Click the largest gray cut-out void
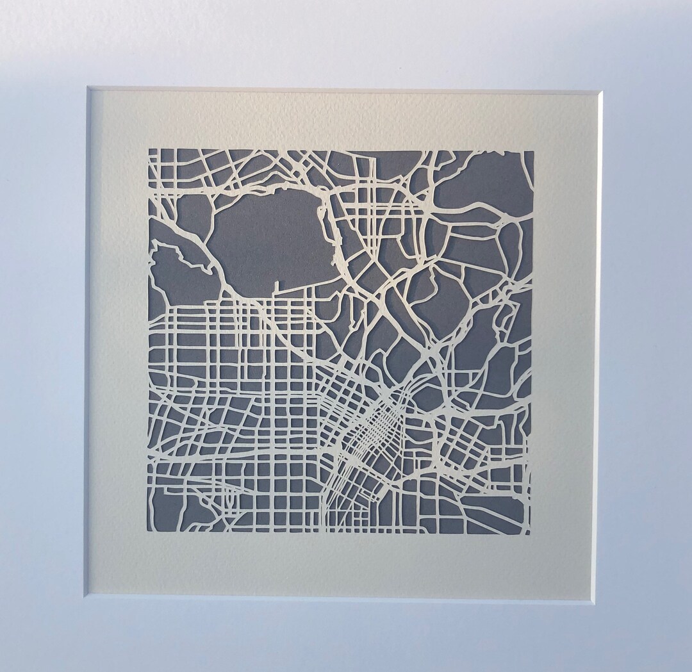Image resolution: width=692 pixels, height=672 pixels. click(x=269, y=240)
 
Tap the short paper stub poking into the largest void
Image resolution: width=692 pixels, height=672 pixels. click(x=276, y=288)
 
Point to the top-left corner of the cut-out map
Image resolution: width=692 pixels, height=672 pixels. click(x=149, y=150)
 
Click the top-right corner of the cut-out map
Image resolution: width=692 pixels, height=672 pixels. click(x=533, y=151)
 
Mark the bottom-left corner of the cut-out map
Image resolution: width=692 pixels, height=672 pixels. click(x=148, y=532)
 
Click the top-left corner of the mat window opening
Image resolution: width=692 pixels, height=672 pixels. click(x=88, y=88)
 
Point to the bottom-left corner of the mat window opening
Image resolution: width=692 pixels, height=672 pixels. click(x=85, y=596)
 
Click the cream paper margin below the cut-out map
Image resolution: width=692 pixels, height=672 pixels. click(x=340, y=564)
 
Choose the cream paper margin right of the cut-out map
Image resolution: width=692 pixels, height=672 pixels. click(x=564, y=340)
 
